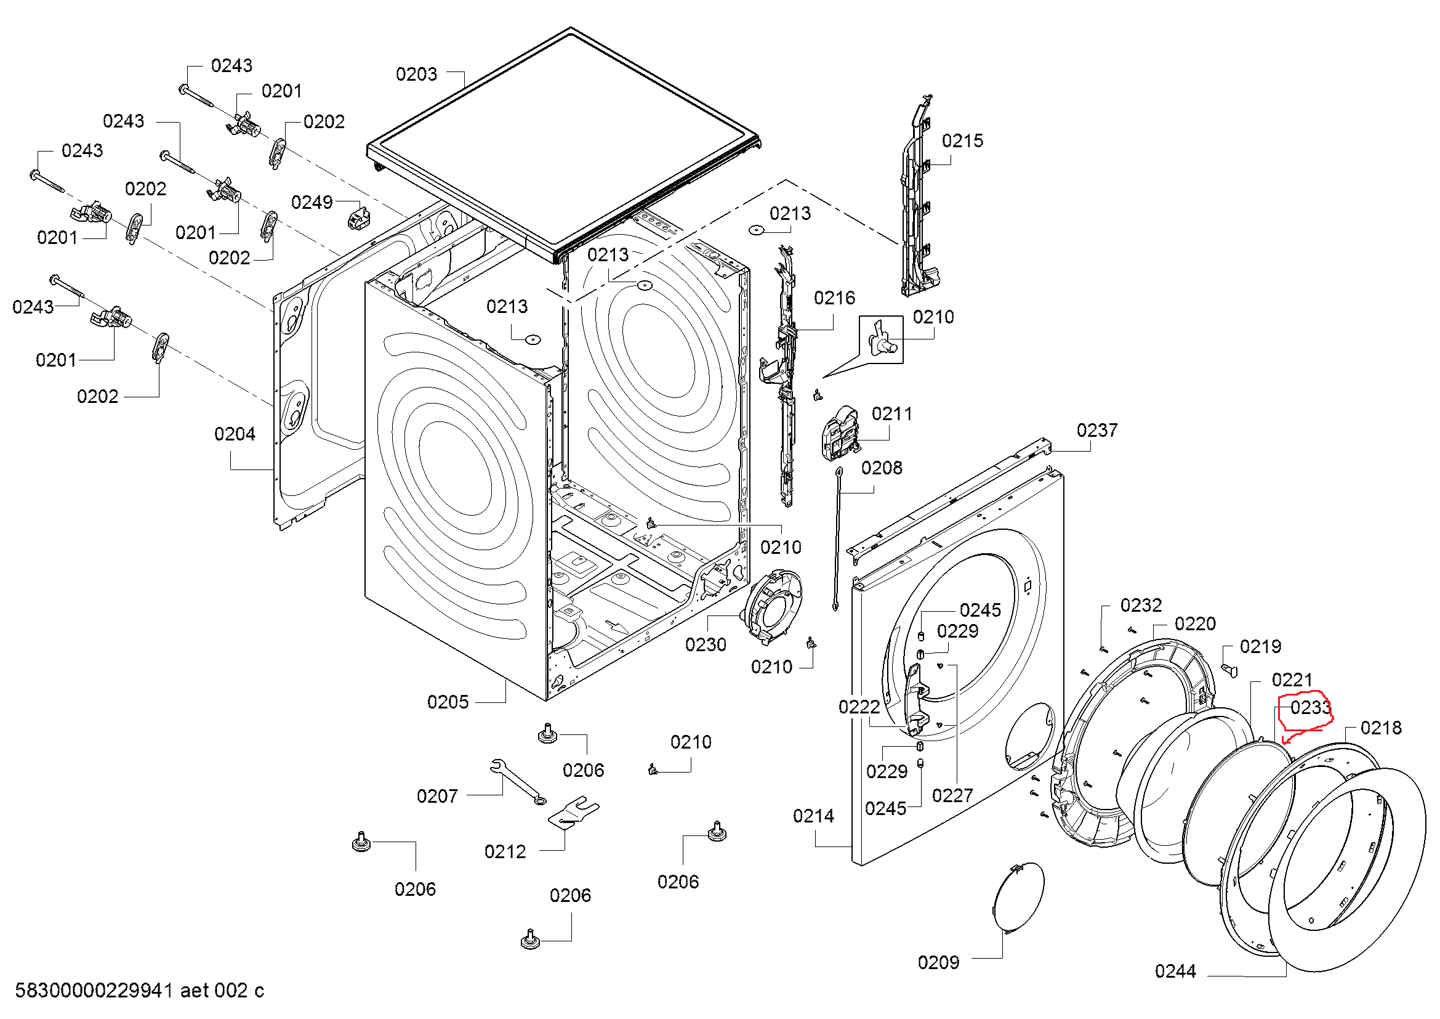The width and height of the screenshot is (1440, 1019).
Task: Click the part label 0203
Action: pos(416,75)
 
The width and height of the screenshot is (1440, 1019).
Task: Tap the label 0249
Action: pos(312,202)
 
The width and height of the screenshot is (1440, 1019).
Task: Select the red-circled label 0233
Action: pos(1310,708)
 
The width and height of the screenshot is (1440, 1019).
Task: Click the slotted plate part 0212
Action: pos(573,813)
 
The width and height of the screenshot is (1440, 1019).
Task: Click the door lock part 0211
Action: pos(841,432)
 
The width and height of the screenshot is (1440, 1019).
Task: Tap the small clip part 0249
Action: pos(358,217)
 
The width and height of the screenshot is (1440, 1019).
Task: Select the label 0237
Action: pos(1097,431)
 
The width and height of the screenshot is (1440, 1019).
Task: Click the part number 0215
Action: pos(962,140)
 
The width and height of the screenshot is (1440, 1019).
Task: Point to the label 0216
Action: pos(834,298)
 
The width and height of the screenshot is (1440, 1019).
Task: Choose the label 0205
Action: pos(448,702)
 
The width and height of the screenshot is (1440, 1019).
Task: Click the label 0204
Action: pos(235,434)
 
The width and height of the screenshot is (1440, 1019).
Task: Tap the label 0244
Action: pos(1175,972)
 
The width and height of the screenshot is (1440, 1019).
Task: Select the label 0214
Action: pos(813,816)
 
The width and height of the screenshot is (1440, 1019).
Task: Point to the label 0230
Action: pos(706,644)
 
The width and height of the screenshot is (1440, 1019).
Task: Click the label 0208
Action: pos(881,468)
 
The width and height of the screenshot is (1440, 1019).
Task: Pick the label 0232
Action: pos(1141,606)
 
